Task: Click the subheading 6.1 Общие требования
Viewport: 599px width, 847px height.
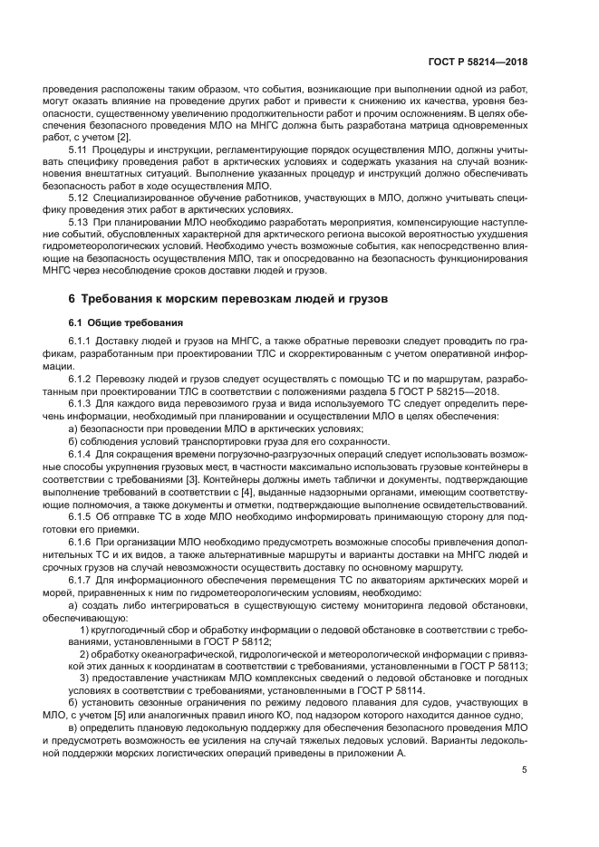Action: tap(126, 322)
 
